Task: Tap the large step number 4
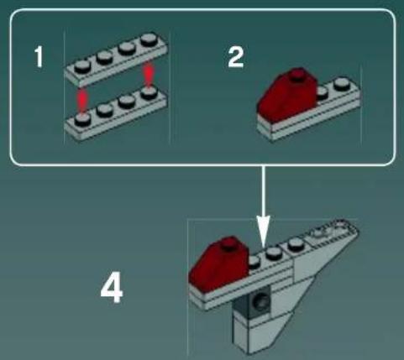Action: (x=111, y=290)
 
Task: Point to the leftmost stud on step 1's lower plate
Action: (x=82, y=119)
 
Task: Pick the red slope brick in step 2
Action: (x=286, y=97)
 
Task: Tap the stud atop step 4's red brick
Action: (x=232, y=244)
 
